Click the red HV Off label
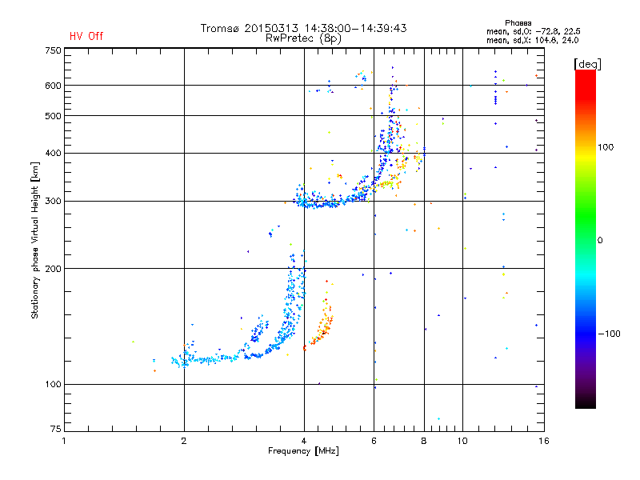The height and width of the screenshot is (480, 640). point(86,36)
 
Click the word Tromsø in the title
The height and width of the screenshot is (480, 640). point(219,28)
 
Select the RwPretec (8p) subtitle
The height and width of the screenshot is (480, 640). point(303,38)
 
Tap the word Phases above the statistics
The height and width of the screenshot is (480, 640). point(518,23)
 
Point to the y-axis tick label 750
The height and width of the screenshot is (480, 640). point(53,50)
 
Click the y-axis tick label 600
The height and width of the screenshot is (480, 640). point(53,86)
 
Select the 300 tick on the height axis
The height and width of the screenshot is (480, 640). point(53,202)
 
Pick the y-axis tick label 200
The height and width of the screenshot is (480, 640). point(53,269)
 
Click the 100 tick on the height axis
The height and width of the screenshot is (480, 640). point(53,384)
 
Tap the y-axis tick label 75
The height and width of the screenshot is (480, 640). point(56,429)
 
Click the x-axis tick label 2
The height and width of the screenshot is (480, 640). point(184,441)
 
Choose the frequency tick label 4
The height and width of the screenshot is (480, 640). point(304,441)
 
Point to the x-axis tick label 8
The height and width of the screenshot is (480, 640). point(424,441)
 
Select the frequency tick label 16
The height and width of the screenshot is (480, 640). point(544,441)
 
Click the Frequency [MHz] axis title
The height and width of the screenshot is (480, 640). point(303,451)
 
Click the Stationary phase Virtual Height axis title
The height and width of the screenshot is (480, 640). point(34,240)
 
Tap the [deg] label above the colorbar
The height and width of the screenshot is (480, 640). point(587,64)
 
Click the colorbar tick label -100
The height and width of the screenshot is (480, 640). point(610,334)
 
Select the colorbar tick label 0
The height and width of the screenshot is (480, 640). point(600,241)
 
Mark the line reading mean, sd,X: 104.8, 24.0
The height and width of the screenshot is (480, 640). point(532,41)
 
